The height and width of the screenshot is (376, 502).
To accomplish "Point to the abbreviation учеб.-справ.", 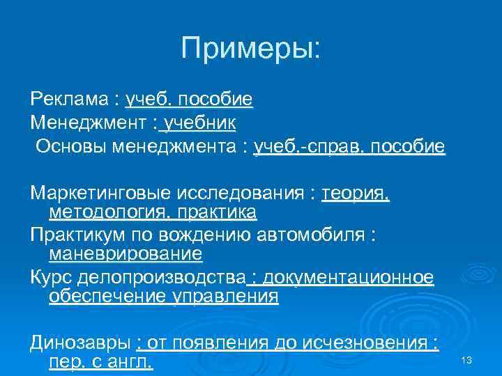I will pos(308,147).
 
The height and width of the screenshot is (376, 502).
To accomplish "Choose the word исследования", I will pos(247,193).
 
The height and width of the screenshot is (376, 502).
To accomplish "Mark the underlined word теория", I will pos(356,193).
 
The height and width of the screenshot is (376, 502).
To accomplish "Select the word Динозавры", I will pos(80,343).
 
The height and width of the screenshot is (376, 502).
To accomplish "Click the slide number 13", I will pos(467,360).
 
